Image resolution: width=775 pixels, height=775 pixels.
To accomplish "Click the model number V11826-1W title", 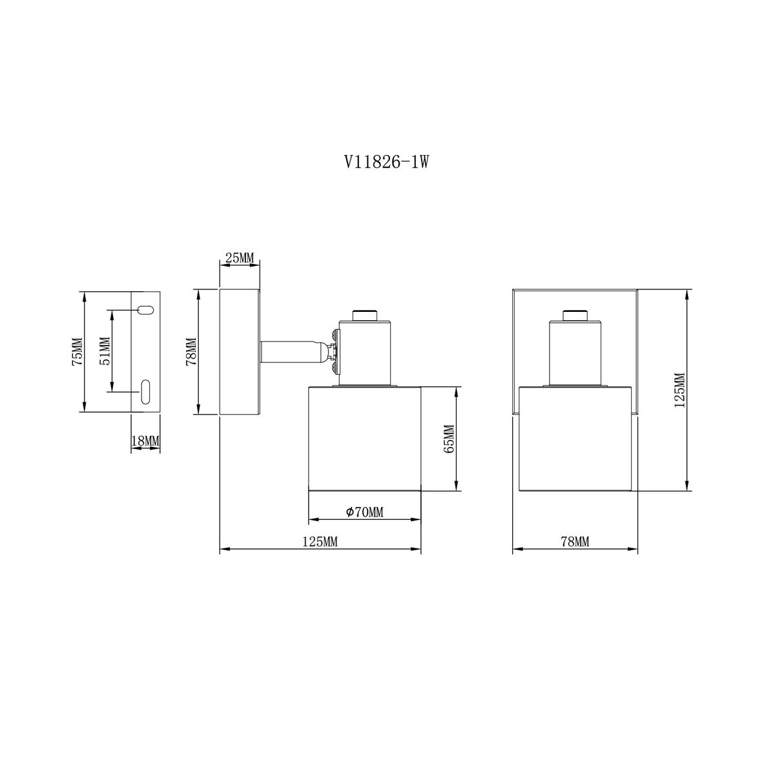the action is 386,163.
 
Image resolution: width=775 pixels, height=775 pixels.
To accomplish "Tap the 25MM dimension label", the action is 240,258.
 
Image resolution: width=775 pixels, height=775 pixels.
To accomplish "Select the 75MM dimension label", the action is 77,351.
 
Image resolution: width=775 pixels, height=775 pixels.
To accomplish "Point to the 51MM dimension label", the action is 105,351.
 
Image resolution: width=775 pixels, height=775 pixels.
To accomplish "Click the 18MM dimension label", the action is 145,441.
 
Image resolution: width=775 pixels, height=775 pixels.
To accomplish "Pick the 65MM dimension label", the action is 449,439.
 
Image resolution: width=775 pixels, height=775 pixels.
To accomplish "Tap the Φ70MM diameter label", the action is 365,512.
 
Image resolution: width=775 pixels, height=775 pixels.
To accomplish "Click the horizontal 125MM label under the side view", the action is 320,542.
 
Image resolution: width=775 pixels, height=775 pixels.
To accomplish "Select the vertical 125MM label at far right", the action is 679,391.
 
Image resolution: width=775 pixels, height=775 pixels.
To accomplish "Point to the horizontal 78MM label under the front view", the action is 575,542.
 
